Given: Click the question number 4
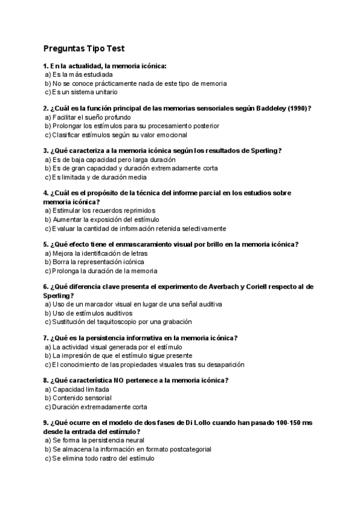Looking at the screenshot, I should click(46, 193).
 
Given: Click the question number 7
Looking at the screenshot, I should click(46, 338).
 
